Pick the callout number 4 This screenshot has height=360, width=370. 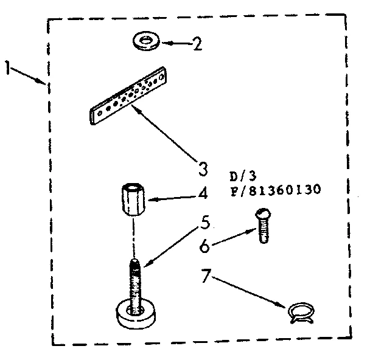click(202, 195)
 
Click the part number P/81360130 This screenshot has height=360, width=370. click(275, 190)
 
